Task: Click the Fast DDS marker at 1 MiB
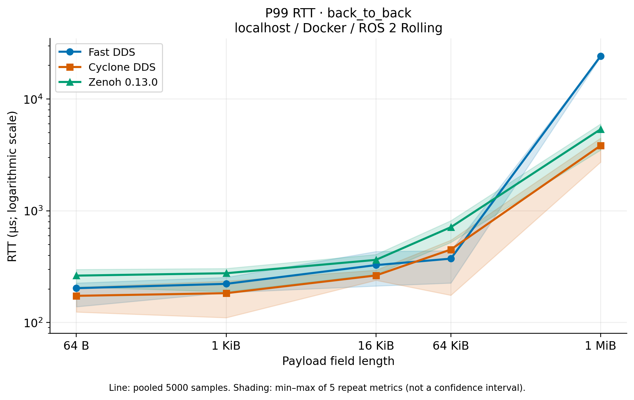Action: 601,56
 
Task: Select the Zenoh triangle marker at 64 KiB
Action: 451,227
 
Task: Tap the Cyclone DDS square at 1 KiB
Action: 226,293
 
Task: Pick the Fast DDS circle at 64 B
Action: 76,288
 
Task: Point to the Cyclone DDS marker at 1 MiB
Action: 601,146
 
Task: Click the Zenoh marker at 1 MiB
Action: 601,129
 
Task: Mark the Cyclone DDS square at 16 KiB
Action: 376,276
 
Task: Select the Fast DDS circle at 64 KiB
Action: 451,259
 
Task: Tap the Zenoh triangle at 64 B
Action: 76,276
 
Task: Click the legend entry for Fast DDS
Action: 97,52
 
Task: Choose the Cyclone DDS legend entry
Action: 107,67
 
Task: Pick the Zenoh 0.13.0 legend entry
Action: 108,82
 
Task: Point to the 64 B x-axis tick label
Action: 76,346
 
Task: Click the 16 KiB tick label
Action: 376,346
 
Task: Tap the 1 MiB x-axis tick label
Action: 601,346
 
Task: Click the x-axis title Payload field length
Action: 338,361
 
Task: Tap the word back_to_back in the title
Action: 369,13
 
